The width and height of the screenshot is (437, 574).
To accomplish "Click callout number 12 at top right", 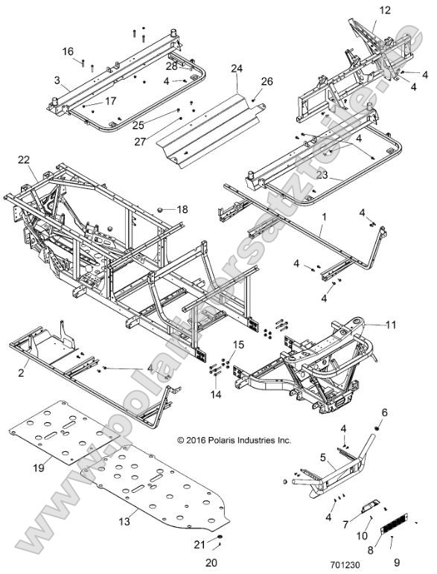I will coord(384,10).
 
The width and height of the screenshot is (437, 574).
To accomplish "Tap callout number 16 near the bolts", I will coord(68,51).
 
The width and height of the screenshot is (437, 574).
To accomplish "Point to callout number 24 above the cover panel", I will coord(237,68).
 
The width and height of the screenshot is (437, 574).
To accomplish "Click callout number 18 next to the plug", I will coord(182,210).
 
